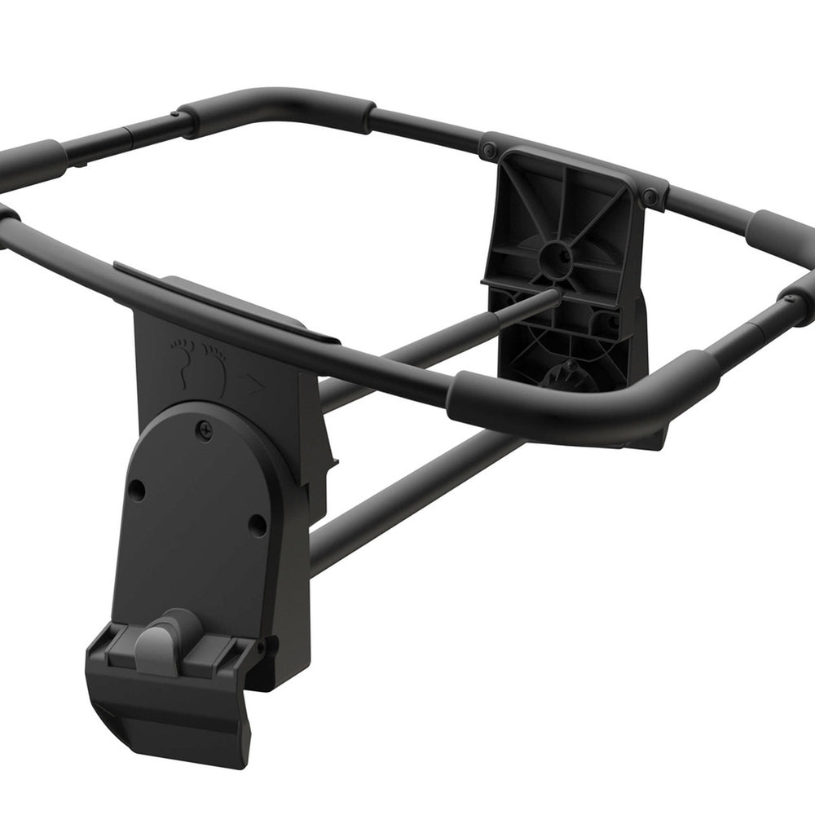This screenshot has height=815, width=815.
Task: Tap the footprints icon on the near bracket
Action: click(x=199, y=364)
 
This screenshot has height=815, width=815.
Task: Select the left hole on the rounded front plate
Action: click(x=137, y=491)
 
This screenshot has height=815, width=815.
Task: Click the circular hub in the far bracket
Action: click(x=555, y=255)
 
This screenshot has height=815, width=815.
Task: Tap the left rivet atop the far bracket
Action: click(x=488, y=151)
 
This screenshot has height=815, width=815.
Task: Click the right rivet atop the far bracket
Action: click(x=650, y=197)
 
